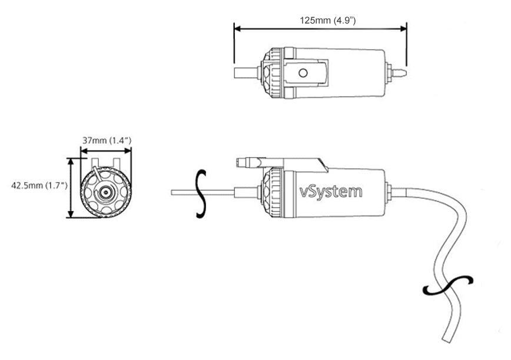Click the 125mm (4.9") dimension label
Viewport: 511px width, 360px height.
click(327, 20)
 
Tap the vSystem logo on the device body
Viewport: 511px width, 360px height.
click(330, 191)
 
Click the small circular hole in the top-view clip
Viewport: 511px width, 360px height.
click(303, 73)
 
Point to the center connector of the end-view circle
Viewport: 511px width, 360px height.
click(105, 192)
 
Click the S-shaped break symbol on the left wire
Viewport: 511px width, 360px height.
click(201, 194)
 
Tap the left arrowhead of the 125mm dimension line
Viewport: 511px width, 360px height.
click(237, 28)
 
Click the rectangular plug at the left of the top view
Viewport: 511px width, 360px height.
click(245, 73)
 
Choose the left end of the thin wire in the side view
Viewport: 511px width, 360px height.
click(173, 192)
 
